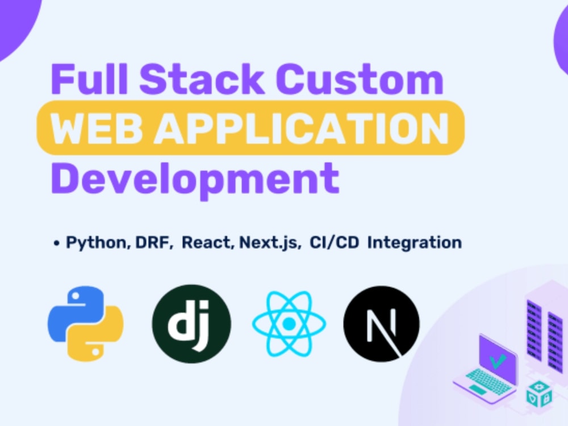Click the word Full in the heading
(90, 78)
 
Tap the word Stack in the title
(202, 78)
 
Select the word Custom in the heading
(360, 78)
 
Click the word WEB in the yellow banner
(95, 128)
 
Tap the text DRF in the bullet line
(152, 243)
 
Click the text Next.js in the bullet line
(269, 243)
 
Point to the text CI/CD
(333, 243)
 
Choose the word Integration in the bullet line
(415, 243)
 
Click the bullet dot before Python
(56, 243)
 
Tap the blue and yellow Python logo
(86, 324)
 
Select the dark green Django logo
(191, 324)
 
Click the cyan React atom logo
(289, 324)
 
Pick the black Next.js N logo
(382, 324)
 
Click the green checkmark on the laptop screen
(497, 361)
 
